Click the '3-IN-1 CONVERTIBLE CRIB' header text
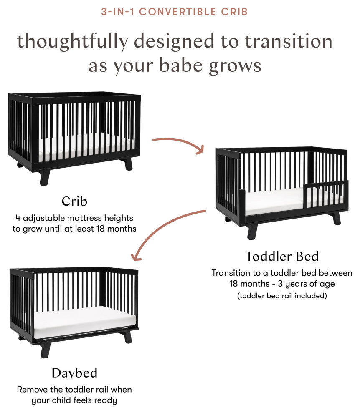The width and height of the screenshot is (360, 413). (175, 12)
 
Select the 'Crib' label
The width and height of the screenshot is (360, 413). (74, 201)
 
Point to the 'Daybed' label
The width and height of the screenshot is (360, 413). (74, 373)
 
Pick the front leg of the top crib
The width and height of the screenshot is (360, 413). (44, 176)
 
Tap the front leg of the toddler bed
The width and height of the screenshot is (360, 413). (252, 231)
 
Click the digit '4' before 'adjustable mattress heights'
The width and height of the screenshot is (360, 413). (18, 218)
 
